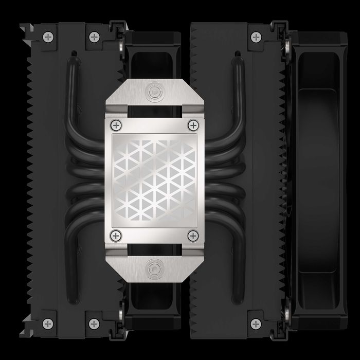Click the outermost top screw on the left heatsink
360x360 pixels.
click(x=48, y=37)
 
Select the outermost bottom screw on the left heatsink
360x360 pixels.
click(x=48, y=323)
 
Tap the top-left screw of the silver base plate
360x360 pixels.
click(x=115, y=125)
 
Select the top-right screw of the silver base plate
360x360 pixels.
click(x=193, y=125)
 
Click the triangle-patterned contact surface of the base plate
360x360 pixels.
click(x=154, y=180)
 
